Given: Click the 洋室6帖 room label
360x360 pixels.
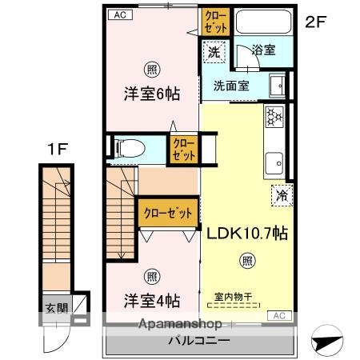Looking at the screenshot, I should tap(151, 93).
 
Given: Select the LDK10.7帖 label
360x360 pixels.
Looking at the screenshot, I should tap(248, 234).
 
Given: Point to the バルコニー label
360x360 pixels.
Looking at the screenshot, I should tap(198, 340).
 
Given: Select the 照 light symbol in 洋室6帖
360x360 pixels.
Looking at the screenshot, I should tap(151, 69).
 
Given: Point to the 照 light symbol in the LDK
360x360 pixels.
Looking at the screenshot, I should tap(248, 260).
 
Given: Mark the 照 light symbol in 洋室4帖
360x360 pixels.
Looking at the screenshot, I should tap(151, 277).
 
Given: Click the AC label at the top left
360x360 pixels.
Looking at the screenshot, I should tap(117, 14).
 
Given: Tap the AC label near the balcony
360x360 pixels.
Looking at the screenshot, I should tap(279, 315).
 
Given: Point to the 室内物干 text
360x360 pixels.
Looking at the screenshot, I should tap(234, 297).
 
